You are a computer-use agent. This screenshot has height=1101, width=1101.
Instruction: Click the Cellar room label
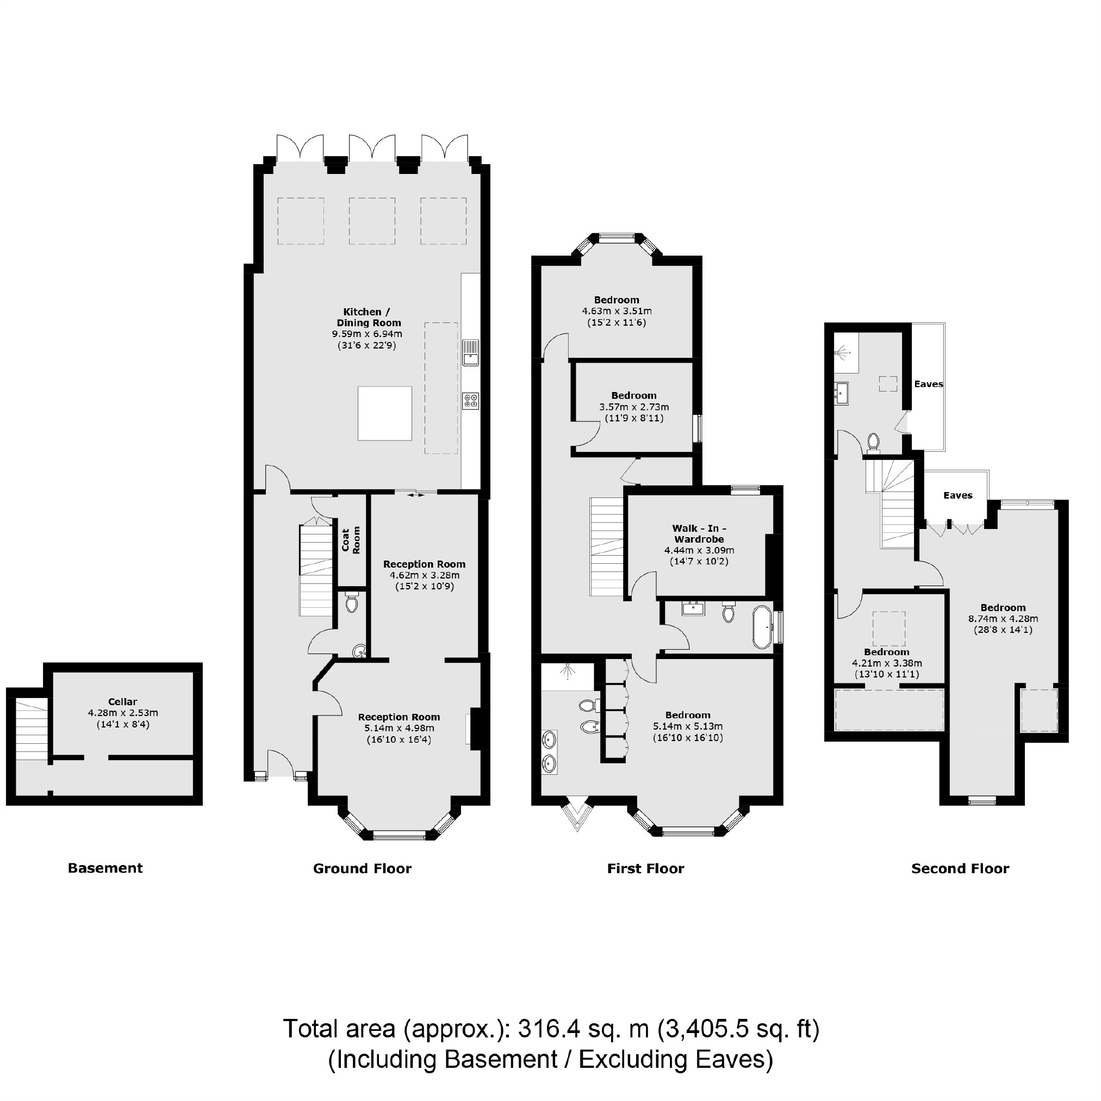tap(122, 701)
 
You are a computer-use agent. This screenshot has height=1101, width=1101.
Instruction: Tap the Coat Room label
tap(351, 540)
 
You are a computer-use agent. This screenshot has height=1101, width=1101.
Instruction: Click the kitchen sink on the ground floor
tap(470, 352)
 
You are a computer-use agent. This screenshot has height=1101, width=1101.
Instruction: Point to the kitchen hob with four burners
tap(471, 401)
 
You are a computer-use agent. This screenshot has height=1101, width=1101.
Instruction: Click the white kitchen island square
tap(384, 413)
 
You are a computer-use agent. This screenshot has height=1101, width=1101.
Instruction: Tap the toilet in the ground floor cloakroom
tap(352, 603)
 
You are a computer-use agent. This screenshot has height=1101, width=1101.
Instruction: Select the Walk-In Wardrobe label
tap(699, 533)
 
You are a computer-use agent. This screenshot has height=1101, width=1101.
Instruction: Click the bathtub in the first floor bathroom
tap(762, 627)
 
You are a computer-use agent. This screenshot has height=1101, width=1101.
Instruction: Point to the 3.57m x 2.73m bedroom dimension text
tap(634, 407)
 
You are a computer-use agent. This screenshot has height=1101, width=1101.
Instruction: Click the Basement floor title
tap(105, 868)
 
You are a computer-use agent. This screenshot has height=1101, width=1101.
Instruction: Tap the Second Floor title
tap(960, 868)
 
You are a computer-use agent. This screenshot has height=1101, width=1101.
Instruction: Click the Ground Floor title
tap(362, 868)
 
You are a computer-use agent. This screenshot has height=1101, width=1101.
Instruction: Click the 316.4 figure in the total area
tap(549, 1029)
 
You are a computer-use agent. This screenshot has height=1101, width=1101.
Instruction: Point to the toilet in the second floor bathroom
tap(873, 441)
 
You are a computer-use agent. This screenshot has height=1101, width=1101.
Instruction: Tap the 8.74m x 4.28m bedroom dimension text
tap(1003, 618)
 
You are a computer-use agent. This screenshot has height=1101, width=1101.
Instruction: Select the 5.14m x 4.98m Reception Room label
tap(399, 717)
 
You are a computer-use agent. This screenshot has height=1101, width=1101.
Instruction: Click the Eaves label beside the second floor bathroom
tap(928, 384)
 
